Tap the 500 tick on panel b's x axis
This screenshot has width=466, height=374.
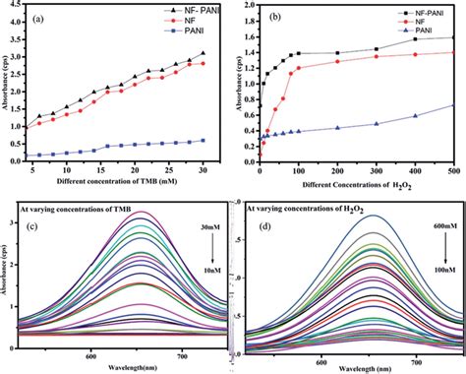point(452,170)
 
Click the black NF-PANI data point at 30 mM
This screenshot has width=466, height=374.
point(204,53)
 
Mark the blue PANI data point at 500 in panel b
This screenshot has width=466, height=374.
point(452,106)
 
